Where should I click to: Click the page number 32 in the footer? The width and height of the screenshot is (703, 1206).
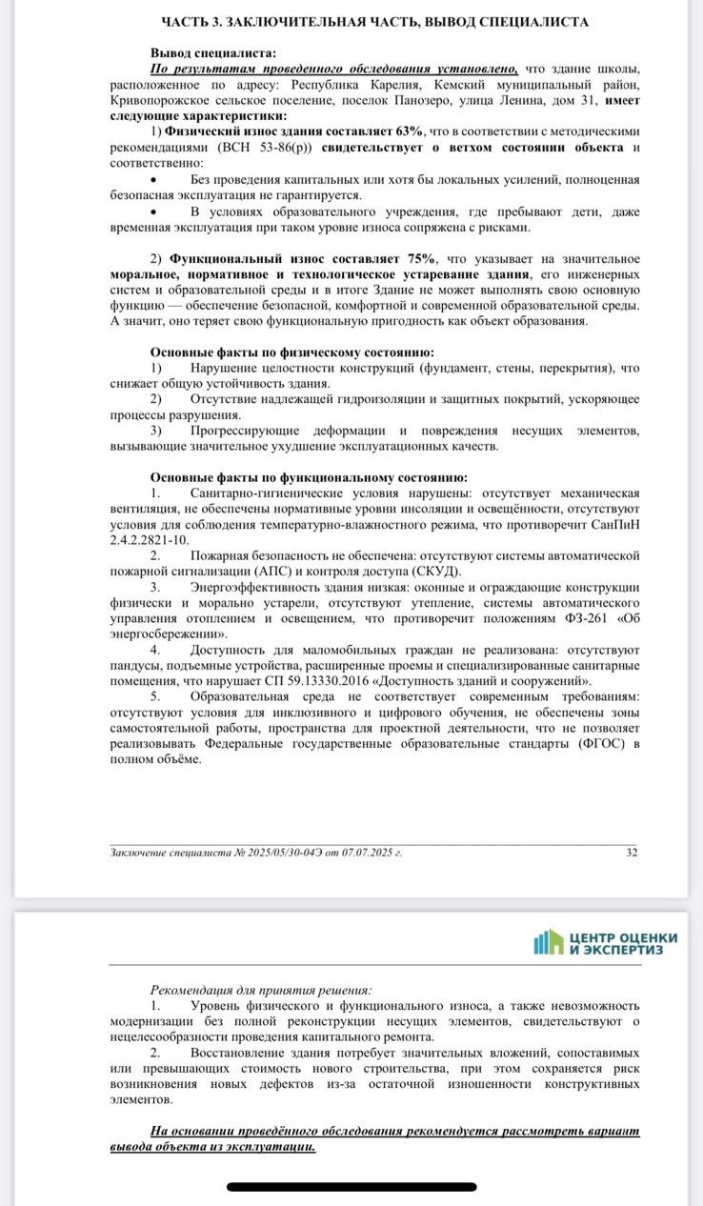(632, 853)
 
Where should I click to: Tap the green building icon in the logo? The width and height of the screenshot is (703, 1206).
(549, 942)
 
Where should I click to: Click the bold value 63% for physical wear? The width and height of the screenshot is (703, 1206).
(403, 131)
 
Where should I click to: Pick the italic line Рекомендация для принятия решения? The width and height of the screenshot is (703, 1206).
(261, 990)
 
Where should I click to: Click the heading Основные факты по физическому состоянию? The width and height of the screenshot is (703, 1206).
(291, 352)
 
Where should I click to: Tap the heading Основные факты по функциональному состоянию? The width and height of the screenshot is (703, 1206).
(308, 477)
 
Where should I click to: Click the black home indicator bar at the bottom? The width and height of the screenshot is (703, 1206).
(351, 1187)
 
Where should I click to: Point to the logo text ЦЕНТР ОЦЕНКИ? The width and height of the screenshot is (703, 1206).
(624, 937)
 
